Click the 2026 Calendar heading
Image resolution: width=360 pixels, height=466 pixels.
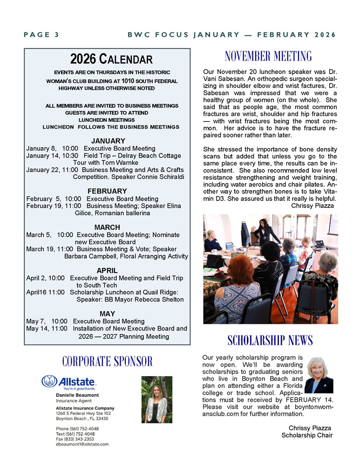click(x=111, y=59)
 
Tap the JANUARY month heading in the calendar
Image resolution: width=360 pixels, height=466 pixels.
click(x=108, y=141)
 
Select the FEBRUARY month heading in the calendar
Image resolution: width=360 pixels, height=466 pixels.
click(x=107, y=191)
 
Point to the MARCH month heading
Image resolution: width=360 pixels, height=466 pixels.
click(x=107, y=227)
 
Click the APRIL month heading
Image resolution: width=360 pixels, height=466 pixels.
click(x=107, y=270)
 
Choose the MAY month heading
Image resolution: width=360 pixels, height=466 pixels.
click(x=107, y=314)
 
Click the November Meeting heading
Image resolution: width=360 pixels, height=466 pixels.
click(x=268, y=57)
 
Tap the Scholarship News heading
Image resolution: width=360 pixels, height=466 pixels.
click(x=270, y=340)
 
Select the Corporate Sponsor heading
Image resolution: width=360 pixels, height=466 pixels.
click(x=107, y=361)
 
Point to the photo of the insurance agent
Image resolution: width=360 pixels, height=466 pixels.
click(x=156, y=399)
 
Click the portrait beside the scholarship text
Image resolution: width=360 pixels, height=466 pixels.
click(x=319, y=375)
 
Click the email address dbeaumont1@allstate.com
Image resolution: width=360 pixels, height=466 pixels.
click(x=82, y=444)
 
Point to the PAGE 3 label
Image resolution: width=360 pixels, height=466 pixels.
click(x=41, y=35)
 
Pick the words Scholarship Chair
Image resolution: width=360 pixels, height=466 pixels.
click(x=307, y=435)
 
